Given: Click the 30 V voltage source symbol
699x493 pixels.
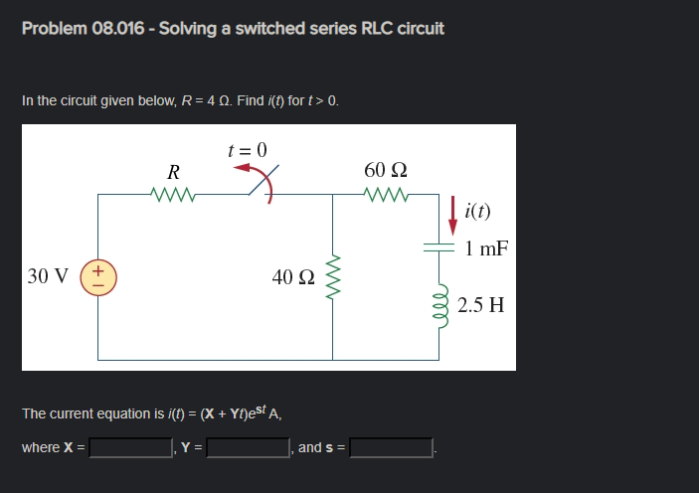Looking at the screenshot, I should tap(98, 275).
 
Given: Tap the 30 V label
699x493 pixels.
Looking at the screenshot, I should tap(48, 275).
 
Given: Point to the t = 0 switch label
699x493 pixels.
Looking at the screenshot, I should tap(248, 150).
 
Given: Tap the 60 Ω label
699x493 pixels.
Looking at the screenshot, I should tap(387, 168).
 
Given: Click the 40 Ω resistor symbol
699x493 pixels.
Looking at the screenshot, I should tap(332, 275).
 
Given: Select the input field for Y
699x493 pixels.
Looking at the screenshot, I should tap(248, 448).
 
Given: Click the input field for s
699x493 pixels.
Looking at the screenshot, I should tap(391, 448).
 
